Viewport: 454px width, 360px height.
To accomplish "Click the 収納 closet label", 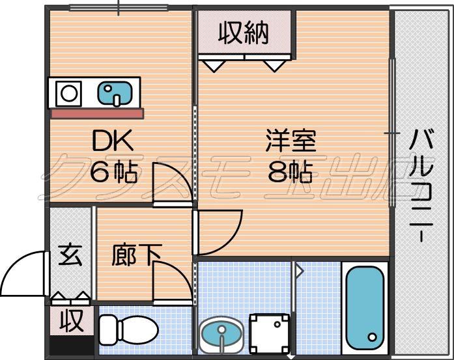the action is [244, 33].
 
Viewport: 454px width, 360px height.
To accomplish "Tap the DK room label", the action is [113, 140].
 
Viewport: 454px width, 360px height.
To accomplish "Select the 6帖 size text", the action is [113, 173].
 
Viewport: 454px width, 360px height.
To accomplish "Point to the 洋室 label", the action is [291, 141].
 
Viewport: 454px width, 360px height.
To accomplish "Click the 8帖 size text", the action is [291, 172].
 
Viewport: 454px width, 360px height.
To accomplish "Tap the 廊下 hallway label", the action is [136, 255].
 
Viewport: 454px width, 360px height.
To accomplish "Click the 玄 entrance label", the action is [70, 255].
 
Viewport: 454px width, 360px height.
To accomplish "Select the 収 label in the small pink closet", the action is [72, 321].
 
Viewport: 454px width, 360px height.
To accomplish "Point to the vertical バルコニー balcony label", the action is [421, 186].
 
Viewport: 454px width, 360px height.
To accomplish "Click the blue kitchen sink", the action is [115, 93].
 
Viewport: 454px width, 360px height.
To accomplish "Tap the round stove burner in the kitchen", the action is [69, 94].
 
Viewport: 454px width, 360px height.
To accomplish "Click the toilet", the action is [128, 330].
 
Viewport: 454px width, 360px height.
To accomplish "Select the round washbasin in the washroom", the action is [221, 335].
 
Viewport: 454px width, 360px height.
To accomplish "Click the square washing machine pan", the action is [270, 333].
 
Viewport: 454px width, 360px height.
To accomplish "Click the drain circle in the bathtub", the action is [373, 337].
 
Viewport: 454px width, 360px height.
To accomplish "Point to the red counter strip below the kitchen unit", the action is [97, 113].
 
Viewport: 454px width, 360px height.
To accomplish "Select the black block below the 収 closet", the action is [72, 344].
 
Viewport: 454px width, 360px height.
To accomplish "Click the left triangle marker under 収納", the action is [214, 66].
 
